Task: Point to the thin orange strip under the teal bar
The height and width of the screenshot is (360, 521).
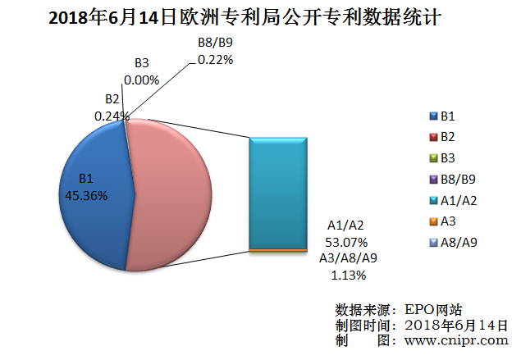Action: click(279, 249)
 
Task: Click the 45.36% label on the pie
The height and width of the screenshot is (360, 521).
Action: click(86, 194)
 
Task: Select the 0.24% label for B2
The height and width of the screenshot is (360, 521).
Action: click(112, 116)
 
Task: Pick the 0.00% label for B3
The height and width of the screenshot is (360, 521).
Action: click(141, 80)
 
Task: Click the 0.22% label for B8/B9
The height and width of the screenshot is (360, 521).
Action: click(216, 59)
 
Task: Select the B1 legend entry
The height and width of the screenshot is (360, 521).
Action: click(448, 116)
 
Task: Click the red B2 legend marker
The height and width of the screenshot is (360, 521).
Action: click(432, 137)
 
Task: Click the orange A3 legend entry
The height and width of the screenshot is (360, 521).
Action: click(448, 220)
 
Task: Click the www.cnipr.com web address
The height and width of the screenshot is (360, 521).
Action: click(456, 339)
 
